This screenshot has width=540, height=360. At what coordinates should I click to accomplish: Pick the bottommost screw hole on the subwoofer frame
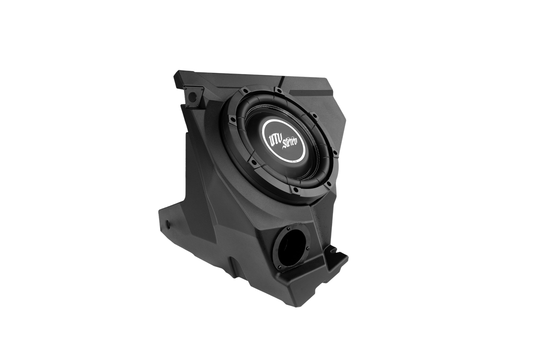point(295,189)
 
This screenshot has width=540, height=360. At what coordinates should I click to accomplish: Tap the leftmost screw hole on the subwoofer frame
point(232,118)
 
